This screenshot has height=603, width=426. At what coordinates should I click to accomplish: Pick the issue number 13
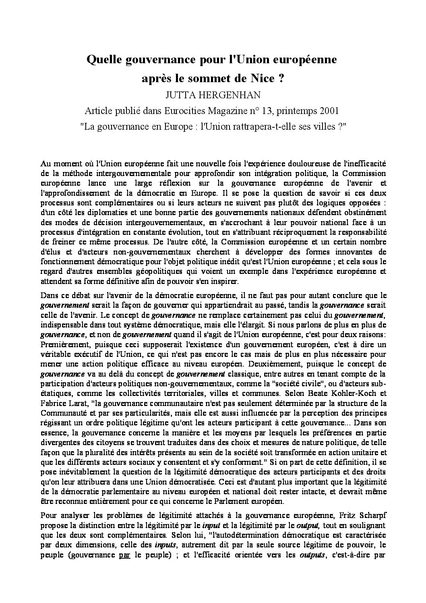(286, 110)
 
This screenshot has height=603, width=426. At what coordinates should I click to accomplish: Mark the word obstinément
(365, 211)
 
